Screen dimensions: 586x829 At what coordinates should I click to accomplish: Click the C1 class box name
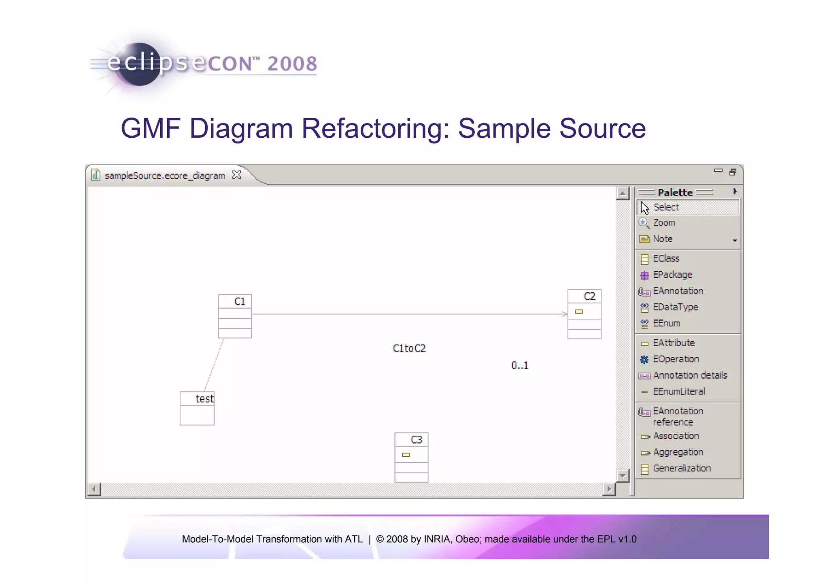click(240, 302)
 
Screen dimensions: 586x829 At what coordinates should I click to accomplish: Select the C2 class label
click(589, 296)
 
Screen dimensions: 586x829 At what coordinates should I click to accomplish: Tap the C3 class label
click(416, 440)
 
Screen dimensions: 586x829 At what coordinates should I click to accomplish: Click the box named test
click(204, 399)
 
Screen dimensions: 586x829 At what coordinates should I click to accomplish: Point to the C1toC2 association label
click(409, 349)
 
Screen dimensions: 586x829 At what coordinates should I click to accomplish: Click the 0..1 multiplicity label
click(520, 366)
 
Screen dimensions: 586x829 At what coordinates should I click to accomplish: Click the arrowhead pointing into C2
click(565, 314)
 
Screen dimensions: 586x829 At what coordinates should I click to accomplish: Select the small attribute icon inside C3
click(406, 455)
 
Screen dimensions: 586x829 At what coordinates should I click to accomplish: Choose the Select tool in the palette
click(666, 207)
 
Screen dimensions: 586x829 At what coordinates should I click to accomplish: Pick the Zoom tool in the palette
click(664, 223)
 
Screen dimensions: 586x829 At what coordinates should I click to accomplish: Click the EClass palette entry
click(666, 258)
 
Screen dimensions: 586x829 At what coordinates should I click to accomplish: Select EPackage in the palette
click(672, 275)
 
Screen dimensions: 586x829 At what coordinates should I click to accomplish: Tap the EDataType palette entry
click(675, 307)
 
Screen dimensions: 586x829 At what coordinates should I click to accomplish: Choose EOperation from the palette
click(676, 359)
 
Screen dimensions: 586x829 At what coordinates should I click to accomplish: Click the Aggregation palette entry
click(678, 452)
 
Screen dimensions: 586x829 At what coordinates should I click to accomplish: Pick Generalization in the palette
click(682, 469)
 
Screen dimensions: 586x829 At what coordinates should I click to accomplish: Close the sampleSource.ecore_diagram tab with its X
click(237, 175)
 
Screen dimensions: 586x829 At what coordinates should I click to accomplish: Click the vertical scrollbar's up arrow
click(623, 194)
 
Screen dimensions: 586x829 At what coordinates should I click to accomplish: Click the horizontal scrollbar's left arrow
click(94, 489)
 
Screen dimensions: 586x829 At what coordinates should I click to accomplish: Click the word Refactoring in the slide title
click(375, 128)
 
